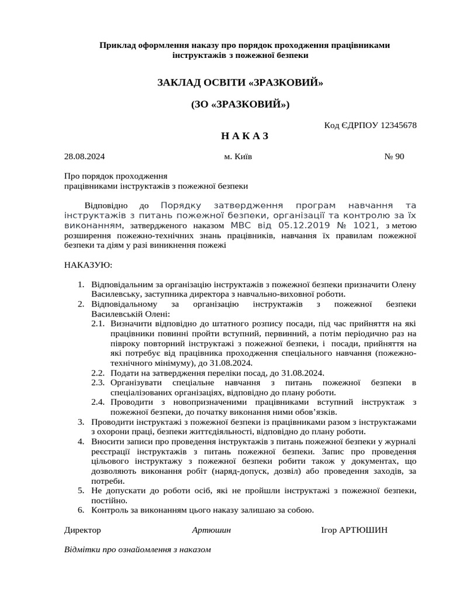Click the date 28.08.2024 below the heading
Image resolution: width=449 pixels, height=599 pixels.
84,156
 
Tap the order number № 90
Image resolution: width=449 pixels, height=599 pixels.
394,156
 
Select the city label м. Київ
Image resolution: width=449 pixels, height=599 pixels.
238,156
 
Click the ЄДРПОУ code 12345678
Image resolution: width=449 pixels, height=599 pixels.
399,125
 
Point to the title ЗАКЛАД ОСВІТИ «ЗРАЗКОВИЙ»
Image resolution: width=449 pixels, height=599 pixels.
240,82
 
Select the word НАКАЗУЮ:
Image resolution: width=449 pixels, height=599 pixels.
88,265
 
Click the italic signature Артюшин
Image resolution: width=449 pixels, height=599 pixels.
211,530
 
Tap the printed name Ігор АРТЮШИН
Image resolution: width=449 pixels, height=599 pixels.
354,530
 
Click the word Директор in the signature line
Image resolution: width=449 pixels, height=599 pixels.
82,530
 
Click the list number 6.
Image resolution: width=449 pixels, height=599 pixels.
81,510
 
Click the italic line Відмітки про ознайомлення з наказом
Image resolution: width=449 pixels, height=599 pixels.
137,550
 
